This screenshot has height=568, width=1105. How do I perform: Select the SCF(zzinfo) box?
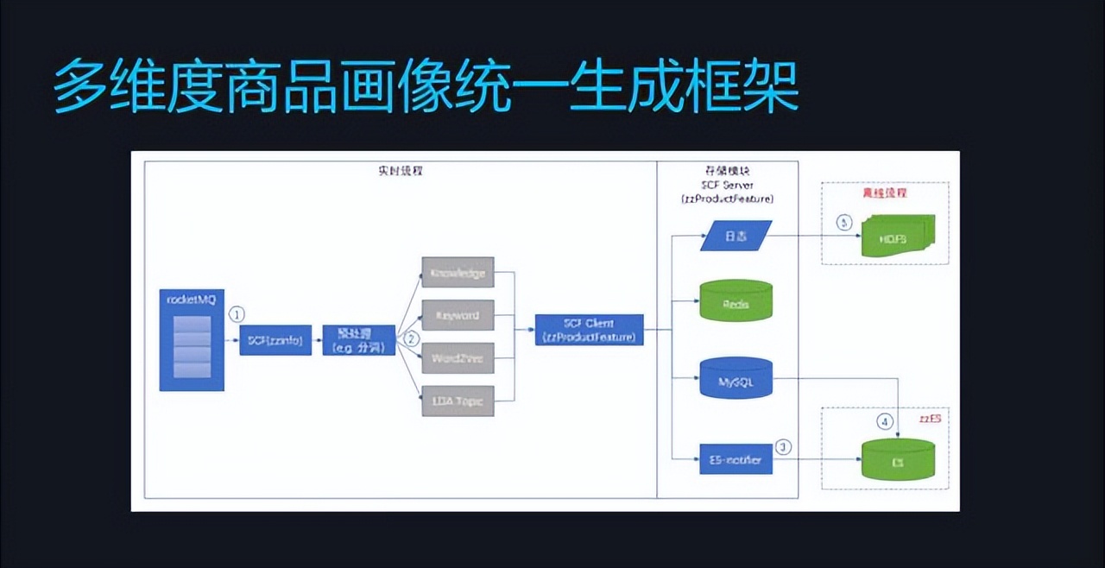pyautogui.click(x=275, y=340)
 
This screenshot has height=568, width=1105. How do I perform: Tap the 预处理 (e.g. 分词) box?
pyautogui.click(x=359, y=341)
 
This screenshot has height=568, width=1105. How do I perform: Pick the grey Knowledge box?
pyautogui.click(x=458, y=273)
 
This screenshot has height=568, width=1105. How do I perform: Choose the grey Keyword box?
pyautogui.click(x=458, y=315)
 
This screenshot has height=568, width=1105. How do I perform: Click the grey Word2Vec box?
pyautogui.click(x=458, y=358)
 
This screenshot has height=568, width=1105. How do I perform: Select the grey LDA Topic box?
pyautogui.click(x=458, y=401)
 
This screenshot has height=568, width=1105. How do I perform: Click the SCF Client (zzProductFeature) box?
pyautogui.click(x=590, y=330)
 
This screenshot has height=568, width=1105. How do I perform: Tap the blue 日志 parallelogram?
pyautogui.click(x=735, y=234)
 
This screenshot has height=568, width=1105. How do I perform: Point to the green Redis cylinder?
pyautogui.click(x=736, y=300)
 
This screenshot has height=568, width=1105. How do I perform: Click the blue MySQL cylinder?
pyautogui.click(x=736, y=378)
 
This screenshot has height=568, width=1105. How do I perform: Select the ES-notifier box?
pyautogui.click(x=736, y=460)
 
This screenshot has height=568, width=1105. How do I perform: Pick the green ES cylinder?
pyautogui.click(x=898, y=459)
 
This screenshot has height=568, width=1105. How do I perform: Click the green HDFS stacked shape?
pyautogui.click(x=893, y=237)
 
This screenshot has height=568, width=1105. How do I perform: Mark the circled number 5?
pyautogui.click(x=844, y=223)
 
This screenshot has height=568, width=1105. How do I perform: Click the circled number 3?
pyautogui.click(x=783, y=447)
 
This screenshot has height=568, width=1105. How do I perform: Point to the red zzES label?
pyautogui.click(x=930, y=418)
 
